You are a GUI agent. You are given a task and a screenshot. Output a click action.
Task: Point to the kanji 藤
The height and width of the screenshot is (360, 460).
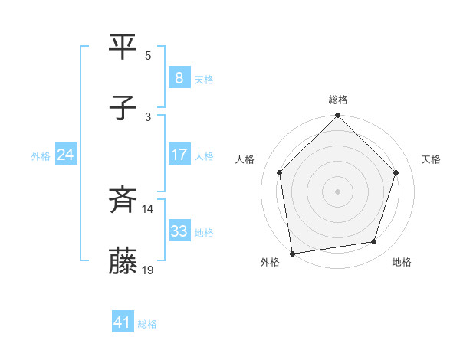[x=124, y=261]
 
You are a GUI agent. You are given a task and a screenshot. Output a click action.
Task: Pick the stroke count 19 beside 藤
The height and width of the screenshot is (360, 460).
[x=149, y=270]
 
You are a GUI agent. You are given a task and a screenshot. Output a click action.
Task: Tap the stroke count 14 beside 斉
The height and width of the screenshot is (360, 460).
[x=149, y=208]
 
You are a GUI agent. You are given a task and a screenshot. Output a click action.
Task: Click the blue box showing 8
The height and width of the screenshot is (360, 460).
[x=179, y=78]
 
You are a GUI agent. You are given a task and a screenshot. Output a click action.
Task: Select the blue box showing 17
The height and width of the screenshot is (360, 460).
[x=179, y=155]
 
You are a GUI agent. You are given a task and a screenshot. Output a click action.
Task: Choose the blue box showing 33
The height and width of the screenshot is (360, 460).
[x=179, y=231]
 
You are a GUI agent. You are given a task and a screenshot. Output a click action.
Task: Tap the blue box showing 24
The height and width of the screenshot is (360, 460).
[x=65, y=155]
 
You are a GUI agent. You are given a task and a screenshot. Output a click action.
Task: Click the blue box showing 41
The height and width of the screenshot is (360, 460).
[x=123, y=323]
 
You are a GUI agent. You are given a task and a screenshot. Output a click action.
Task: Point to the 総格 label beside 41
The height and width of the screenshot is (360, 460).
[x=147, y=324]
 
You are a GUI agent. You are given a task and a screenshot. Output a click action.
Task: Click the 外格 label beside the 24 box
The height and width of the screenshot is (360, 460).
[x=41, y=156]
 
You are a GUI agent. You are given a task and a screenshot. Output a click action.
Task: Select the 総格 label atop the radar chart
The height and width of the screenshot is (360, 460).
[x=338, y=100]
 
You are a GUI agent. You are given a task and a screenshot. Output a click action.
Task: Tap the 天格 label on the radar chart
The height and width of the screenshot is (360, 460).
[x=431, y=159]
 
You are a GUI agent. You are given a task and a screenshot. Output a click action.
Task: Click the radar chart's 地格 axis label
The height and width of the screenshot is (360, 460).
[x=402, y=262]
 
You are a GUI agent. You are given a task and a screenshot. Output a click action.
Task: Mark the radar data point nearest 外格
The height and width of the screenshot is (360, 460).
[x=292, y=253]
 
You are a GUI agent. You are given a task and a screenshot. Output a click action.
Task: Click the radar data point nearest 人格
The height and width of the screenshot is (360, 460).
[x=279, y=172]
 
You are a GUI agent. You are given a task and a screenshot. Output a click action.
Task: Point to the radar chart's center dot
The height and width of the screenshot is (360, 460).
[x=338, y=191]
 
